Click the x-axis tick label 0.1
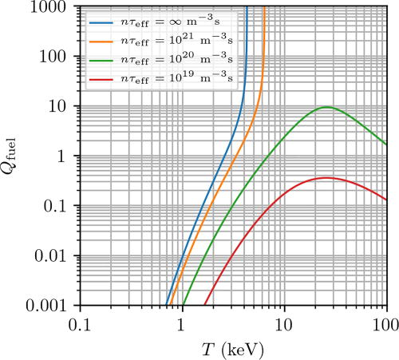click(79, 324)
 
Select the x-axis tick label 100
click(385, 324)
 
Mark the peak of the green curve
click(326, 107)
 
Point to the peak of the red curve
click(326, 177)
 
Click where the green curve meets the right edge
click(386, 144)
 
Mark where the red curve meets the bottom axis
click(204, 306)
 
